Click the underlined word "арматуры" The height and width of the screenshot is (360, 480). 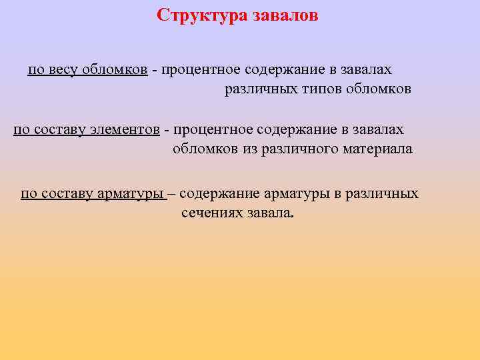[131, 194]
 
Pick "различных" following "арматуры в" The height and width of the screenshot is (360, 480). [387, 194]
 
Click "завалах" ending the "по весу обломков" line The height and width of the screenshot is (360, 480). [367, 70]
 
